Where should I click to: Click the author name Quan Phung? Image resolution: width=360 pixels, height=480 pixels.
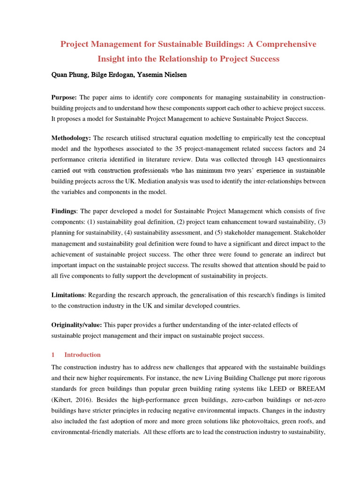click(x=69, y=75)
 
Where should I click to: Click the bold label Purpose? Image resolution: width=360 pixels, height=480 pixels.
click(x=64, y=97)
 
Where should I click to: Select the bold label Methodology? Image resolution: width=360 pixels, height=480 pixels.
click(x=71, y=138)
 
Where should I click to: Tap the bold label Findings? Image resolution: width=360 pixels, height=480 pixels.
click(x=64, y=211)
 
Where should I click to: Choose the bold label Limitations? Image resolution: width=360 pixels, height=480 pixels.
click(x=67, y=295)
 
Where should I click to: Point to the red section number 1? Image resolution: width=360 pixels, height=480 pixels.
click(x=53, y=355)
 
